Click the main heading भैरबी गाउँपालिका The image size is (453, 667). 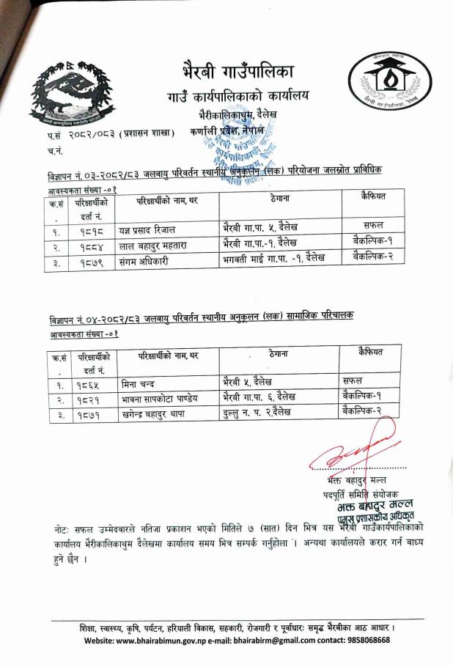pos(237,73)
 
